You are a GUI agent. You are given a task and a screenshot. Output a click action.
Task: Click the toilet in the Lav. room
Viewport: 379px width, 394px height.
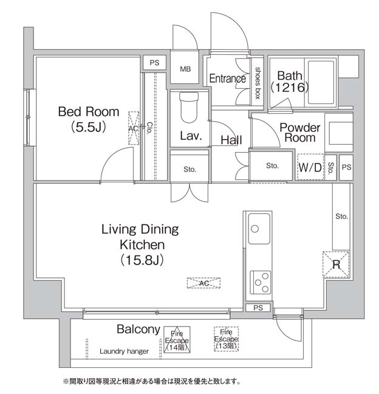coord(189,107)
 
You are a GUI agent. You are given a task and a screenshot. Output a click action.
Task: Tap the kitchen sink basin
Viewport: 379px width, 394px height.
coord(259,229)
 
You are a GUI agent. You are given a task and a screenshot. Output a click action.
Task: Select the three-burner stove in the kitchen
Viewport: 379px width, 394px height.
coord(261,283)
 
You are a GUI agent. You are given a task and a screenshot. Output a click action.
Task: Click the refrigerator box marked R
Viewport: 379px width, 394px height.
coord(336,264)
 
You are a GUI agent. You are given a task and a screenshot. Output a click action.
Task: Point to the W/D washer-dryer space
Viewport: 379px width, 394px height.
coord(310,167)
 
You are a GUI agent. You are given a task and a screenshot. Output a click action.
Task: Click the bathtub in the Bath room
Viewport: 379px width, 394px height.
coord(321,83)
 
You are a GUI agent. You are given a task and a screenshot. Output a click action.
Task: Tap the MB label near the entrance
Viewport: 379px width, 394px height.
coord(185,69)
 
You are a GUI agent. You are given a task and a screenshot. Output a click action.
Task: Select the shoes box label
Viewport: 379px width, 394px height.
coord(258,83)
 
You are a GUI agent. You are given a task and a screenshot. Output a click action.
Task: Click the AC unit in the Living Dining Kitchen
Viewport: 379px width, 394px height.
coord(204,283)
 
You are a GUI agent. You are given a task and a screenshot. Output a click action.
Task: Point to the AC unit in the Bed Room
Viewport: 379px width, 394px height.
coord(134,128)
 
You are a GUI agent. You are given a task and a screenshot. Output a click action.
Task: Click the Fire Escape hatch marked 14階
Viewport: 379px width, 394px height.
coord(177,340)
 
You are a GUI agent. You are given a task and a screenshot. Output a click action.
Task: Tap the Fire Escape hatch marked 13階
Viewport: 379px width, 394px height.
coord(226,339)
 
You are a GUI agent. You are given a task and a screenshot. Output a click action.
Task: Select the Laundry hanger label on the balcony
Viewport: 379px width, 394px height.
coord(124,351)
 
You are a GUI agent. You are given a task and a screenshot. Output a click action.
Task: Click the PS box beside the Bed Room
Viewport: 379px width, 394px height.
coord(155,63)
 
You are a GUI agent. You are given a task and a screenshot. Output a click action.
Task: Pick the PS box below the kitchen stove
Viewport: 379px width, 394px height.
coord(258,308)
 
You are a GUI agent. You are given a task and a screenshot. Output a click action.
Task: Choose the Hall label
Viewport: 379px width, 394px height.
coord(231,140)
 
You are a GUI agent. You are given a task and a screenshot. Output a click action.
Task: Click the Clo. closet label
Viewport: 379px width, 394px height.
coord(149,128)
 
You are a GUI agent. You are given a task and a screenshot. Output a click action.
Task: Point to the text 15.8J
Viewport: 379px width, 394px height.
coord(142,260)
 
